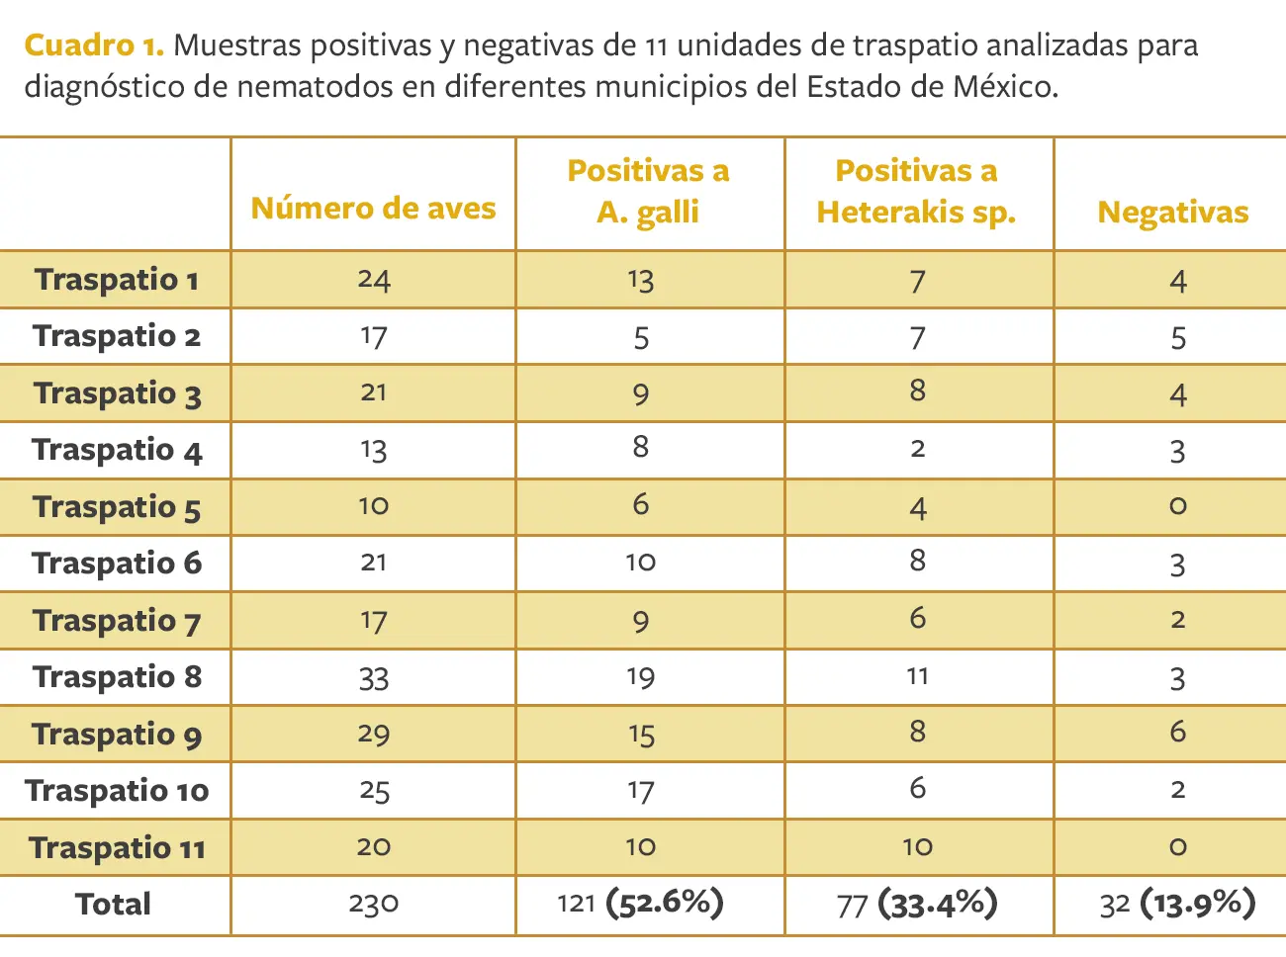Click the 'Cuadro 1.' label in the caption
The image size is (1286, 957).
coord(93,45)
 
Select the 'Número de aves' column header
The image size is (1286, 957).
coord(373,209)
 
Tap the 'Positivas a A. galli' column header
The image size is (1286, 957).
coord(648,192)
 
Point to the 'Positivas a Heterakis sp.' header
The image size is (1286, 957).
coord(916,192)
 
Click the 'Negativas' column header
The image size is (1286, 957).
coord(1172,213)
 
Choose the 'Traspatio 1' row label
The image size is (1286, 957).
coord(117,280)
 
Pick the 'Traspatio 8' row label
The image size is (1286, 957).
coord(117,677)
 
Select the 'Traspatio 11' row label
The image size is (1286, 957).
coord(117,848)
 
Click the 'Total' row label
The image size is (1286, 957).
coord(113,905)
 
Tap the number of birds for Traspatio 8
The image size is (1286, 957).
coord(374,678)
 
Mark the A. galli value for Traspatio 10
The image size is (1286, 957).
coord(640,791)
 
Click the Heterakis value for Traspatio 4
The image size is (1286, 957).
coord(917,450)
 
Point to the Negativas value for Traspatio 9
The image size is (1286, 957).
coord(1177,733)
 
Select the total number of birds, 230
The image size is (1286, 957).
coord(373,905)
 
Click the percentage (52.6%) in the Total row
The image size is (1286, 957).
coord(665,903)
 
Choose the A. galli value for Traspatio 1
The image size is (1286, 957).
coord(640,281)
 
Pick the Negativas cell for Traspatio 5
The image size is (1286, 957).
coord(1177,507)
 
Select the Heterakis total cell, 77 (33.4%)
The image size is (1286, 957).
coord(917,904)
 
